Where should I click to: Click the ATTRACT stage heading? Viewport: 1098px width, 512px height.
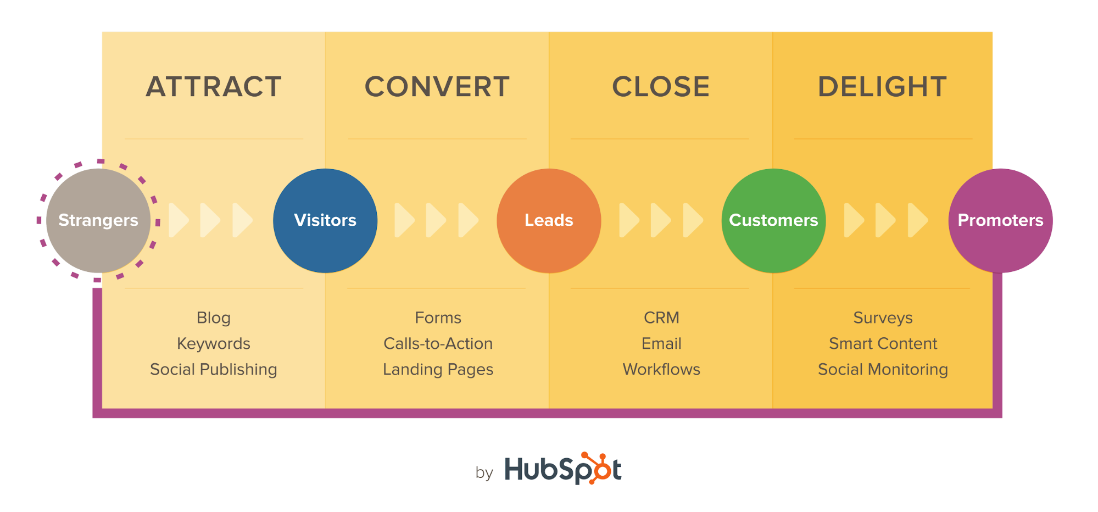(x=214, y=87)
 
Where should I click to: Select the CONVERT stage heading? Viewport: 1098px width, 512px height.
(x=437, y=87)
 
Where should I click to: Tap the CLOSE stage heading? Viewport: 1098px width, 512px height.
(x=661, y=87)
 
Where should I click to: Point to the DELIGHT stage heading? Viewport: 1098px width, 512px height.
(x=882, y=87)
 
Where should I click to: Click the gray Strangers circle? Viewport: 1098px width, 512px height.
(x=98, y=220)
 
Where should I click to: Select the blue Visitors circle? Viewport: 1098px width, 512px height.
(x=325, y=220)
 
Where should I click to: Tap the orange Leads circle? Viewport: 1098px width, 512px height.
(x=549, y=220)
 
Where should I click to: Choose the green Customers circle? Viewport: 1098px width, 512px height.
(x=773, y=220)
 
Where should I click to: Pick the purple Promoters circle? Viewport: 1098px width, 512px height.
(x=1000, y=220)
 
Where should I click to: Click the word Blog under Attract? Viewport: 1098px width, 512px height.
(x=214, y=318)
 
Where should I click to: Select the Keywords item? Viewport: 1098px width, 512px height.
(x=214, y=343)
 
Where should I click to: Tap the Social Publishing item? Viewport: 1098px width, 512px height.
(x=214, y=369)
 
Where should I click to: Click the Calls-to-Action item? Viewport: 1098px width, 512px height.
(x=438, y=343)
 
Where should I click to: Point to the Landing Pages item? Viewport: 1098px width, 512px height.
(x=438, y=369)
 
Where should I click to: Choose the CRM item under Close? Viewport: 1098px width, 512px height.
(x=661, y=318)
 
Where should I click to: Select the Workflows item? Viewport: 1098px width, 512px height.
(x=661, y=369)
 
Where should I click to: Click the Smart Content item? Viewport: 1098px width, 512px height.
(x=883, y=343)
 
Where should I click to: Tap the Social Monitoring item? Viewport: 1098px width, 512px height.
(x=883, y=369)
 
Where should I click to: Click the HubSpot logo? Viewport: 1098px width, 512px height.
(x=562, y=469)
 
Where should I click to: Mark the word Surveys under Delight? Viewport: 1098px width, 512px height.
(x=883, y=318)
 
